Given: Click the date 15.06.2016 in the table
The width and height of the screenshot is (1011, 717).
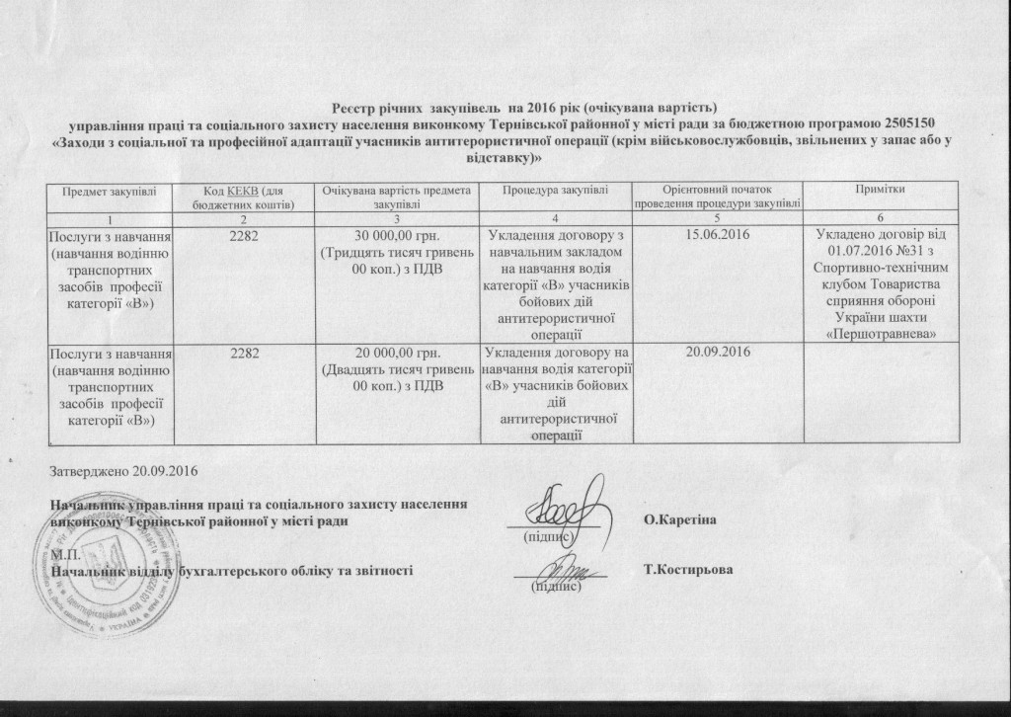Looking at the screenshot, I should point(718,235).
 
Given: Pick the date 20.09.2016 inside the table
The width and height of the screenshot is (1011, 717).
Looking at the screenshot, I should point(718,352).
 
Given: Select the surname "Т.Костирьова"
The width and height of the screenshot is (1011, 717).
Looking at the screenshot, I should point(687,571).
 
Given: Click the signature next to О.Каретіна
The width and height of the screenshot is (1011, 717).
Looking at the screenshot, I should point(566,507).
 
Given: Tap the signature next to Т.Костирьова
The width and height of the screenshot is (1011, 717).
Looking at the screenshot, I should point(559,568).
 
